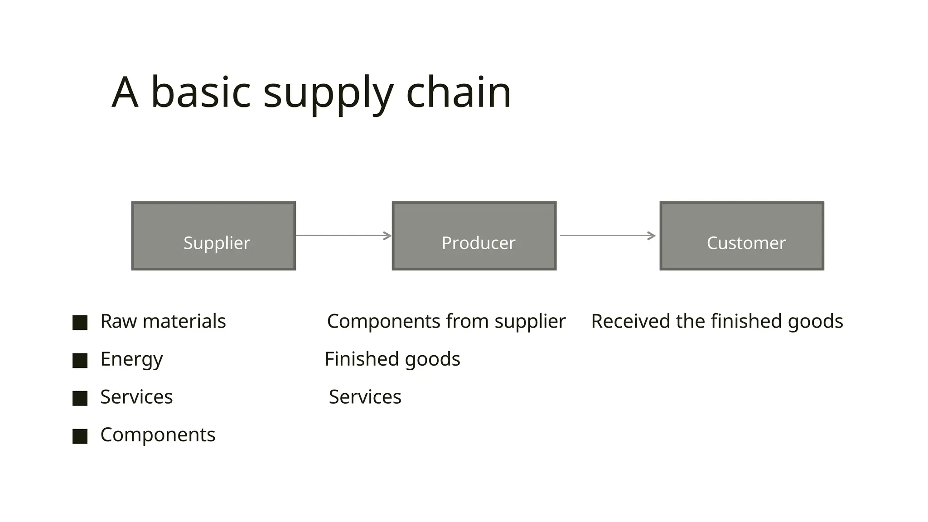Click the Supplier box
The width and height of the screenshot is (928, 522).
coord(213,236)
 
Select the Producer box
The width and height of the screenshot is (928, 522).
coord(474,236)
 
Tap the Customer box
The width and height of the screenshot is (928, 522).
coord(742,236)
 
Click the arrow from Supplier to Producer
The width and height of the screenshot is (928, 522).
coord(343,236)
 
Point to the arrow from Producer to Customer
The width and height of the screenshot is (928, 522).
coord(608,236)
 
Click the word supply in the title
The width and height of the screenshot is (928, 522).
coord(328,93)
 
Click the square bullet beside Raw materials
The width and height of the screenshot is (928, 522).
coord(80,323)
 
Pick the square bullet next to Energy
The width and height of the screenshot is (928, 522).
coord(80,361)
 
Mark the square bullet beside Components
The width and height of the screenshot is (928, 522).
coord(80,436)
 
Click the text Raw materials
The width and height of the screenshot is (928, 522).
coord(163,321)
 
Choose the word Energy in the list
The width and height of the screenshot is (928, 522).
coord(131,359)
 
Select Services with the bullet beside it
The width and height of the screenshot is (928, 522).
coord(136,397)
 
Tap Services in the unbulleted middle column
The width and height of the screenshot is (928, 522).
coord(365,397)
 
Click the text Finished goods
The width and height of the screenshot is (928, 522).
coord(392,359)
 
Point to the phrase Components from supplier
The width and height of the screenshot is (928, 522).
coord(446,321)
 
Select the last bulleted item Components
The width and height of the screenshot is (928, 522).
coord(158,435)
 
